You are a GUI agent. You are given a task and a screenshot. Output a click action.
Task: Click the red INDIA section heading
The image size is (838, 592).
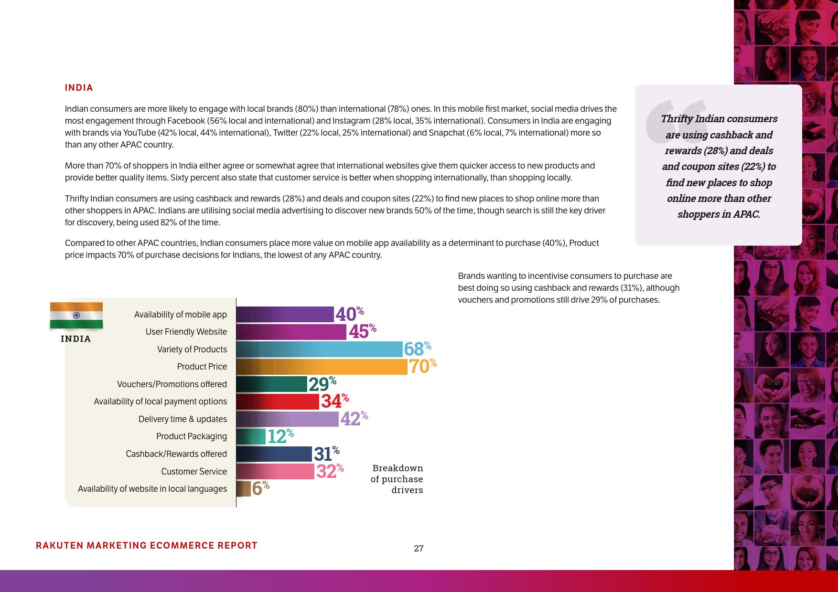[x=79, y=88]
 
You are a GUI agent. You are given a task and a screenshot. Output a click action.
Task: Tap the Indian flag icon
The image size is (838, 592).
[x=76, y=315]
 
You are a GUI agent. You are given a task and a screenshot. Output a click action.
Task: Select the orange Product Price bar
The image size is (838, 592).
[x=322, y=367]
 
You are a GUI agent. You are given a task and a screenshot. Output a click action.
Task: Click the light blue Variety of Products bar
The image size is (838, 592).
[x=319, y=349]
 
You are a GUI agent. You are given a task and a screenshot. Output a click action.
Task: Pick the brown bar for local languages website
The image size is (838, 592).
[x=244, y=489]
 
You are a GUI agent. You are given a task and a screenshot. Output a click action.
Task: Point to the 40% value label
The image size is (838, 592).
[x=349, y=314]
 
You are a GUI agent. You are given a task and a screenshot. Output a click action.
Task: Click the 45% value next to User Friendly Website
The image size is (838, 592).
[x=362, y=331]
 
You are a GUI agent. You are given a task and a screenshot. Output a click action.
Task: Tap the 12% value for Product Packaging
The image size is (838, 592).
[x=280, y=436]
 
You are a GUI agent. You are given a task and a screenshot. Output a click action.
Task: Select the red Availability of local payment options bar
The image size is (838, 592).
[x=278, y=402]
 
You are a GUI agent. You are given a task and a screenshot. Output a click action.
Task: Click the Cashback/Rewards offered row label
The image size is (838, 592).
[x=176, y=454]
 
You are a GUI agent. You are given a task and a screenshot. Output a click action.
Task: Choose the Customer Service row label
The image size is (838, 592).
[x=194, y=472]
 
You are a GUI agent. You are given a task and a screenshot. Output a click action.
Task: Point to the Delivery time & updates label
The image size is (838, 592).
[x=183, y=419]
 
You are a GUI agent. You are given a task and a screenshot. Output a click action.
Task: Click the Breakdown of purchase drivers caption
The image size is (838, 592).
[x=397, y=479]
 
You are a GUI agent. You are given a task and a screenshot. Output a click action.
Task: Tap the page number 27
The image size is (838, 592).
[x=419, y=549]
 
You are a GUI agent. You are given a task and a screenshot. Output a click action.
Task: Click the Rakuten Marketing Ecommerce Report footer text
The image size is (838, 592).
[x=147, y=546]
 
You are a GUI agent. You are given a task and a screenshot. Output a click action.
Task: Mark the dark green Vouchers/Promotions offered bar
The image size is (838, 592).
[x=271, y=384]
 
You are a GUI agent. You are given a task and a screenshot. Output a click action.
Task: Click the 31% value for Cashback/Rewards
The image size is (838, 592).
[x=326, y=454]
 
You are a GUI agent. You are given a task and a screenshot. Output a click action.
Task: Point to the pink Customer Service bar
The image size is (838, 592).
[x=275, y=472]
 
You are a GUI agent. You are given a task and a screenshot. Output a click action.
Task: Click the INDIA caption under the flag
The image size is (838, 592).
[x=76, y=339]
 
